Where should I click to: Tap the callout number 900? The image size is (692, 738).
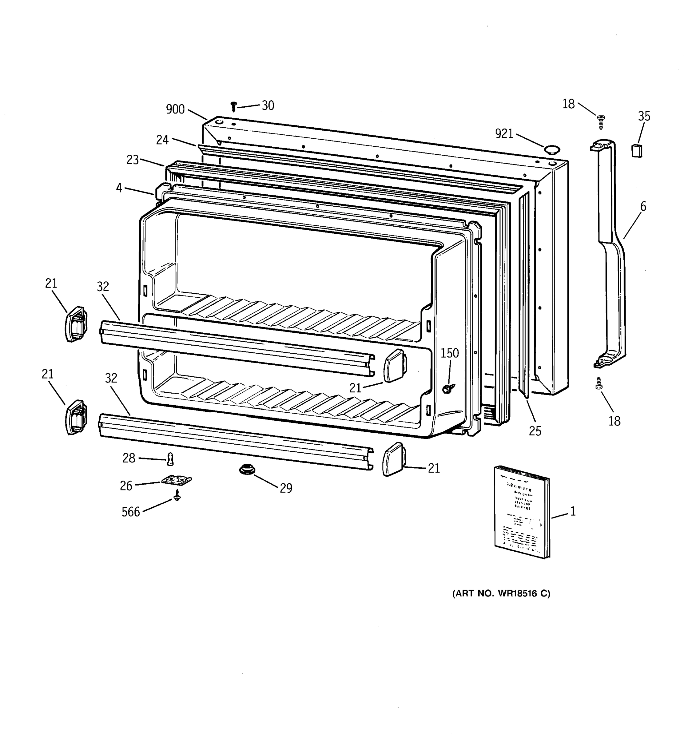coord(175,109)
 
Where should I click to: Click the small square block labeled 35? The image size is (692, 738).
coord(637,151)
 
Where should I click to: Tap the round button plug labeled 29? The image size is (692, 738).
coord(247,470)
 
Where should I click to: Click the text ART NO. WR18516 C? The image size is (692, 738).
coord(501,593)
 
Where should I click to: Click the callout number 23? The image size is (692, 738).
coord(133,160)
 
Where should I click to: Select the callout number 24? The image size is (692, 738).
coord(162,140)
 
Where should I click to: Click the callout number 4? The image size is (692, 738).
coord(119,188)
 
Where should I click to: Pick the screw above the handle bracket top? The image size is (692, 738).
coord(601,121)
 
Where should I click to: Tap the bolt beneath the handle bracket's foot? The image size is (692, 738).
coord(599,383)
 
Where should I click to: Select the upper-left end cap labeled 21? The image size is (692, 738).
coord(76,324)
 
